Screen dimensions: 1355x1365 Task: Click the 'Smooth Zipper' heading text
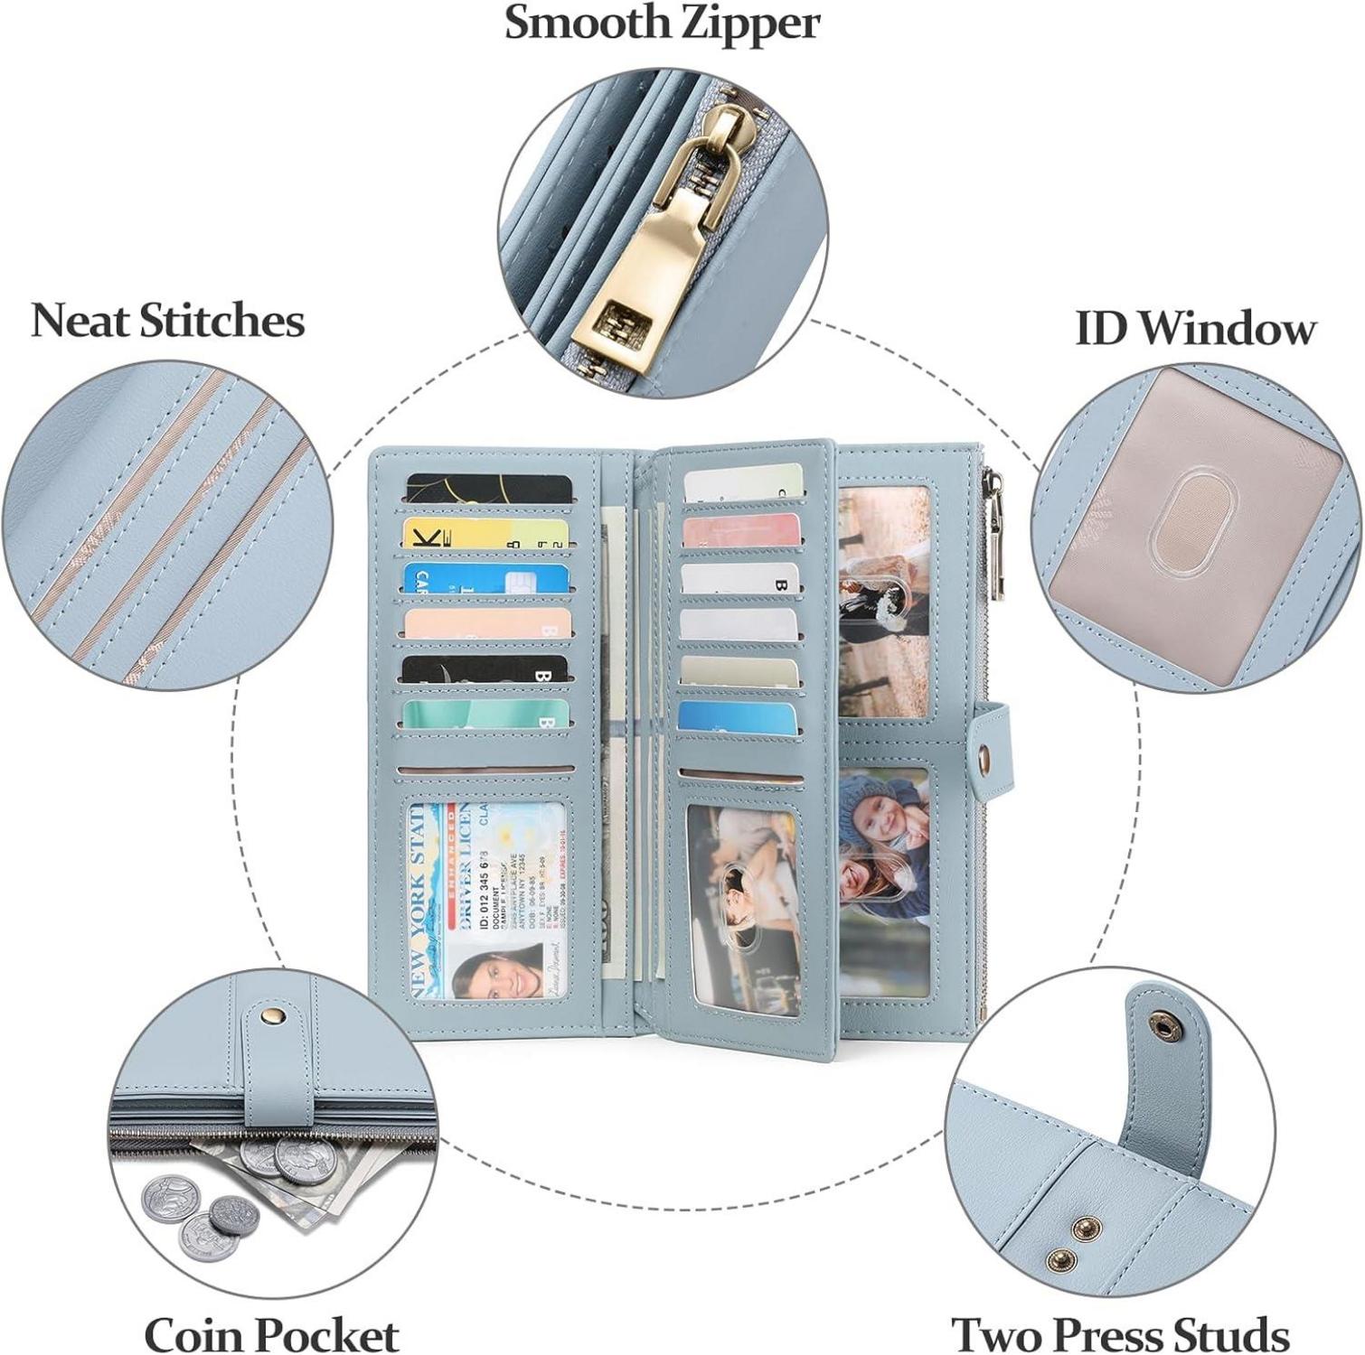(662, 24)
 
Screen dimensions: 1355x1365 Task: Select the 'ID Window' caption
(1194, 328)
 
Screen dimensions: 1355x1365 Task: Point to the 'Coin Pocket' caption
(271, 1334)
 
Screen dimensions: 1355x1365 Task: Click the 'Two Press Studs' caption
(1120, 1334)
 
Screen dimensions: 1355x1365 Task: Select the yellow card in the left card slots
(488, 534)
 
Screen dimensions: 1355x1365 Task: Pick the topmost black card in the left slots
(489, 490)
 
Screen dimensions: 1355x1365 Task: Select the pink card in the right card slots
(741, 530)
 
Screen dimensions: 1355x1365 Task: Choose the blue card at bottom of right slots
(738, 717)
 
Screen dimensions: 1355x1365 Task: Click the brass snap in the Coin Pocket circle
(269, 1018)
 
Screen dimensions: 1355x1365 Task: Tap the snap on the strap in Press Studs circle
(1160, 1023)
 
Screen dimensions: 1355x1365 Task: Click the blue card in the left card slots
(487, 579)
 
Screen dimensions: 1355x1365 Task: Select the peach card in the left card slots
(487, 623)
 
